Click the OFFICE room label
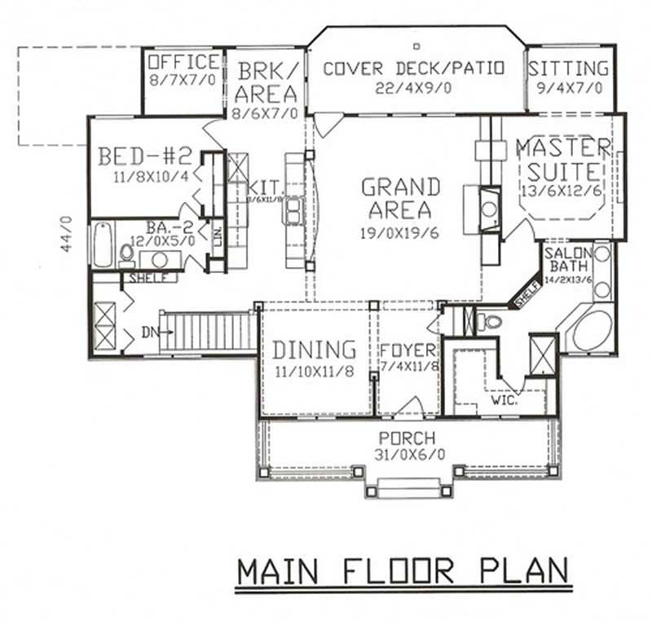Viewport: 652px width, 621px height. click(x=184, y=63)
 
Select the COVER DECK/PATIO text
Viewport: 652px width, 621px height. click(x=414, y=68)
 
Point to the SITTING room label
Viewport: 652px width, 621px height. click(x=568, y=68)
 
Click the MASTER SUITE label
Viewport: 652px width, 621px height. click(x=562, y=161)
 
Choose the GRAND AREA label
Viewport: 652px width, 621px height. click(x=400, y=198)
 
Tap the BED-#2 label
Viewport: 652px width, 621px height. click(x=144, y=156)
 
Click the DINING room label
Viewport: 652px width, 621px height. click(x=314, y=350)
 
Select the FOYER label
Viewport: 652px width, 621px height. click(x=408, y=351)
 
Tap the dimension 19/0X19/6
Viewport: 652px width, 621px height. click(x=400, y=231)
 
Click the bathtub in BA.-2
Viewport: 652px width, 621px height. click(x=102, y=244)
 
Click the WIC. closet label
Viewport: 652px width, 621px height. click(x=500, y=401)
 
